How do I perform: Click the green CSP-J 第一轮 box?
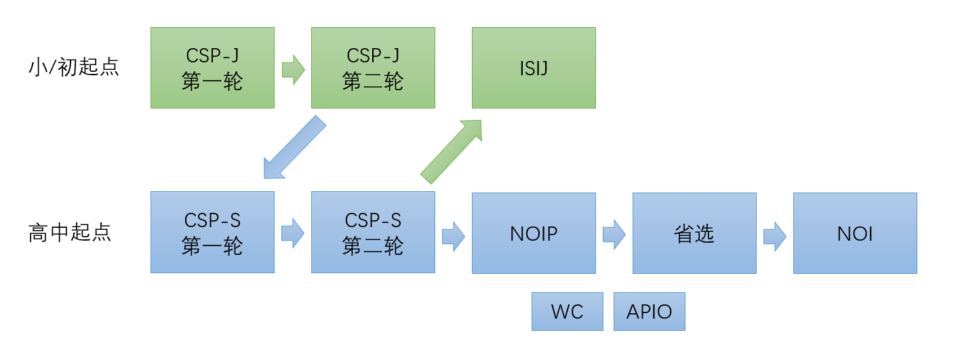212,68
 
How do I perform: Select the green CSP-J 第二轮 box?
373,68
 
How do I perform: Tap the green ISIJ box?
534,68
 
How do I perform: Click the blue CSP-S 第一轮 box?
212,232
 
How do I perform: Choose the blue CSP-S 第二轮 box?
373,232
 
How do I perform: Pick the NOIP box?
534,233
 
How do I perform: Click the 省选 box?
694,233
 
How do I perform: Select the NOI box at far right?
855,233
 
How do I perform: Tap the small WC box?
567,312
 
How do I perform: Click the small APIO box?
649,312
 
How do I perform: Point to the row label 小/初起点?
74,67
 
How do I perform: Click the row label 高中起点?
70,232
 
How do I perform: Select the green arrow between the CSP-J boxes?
293,69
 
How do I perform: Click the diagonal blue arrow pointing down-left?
293,148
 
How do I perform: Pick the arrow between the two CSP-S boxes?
293,233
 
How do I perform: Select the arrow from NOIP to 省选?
614,234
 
